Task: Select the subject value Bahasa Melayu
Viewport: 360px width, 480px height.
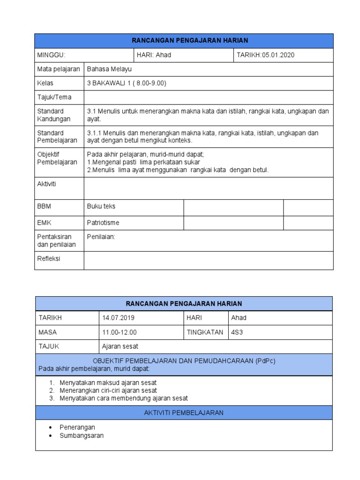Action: [x=109, y=69]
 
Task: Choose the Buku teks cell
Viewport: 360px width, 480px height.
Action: [x=101, y=206]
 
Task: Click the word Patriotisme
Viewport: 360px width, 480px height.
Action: [x=103, y=223]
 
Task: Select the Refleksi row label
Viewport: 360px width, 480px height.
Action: [x=49, y=258]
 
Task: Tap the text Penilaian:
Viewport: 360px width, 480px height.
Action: [x=101, y=237]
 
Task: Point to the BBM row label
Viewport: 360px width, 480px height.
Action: [x=44, y=206]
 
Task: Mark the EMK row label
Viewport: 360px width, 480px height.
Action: [x=44, y=223]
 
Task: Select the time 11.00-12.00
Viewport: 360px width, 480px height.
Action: [x=119, y=332]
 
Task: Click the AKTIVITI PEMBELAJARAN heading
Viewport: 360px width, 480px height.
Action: [x=184, y=412]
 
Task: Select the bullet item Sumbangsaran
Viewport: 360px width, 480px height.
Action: [x=82, y=435]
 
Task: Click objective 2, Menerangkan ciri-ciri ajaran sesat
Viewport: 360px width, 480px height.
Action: [x=108, y=390]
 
